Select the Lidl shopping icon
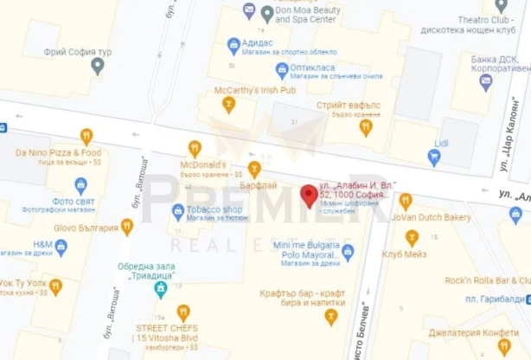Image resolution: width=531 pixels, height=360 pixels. click(434, 157)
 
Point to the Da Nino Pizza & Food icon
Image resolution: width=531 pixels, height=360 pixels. click(86, 136)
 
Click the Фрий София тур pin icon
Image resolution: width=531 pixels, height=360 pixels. click(98, 67)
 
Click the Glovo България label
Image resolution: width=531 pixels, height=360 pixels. click(84, 228)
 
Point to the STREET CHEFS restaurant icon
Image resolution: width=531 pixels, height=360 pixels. click(183, 312)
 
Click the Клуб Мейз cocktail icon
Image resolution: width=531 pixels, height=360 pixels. click(412, 238)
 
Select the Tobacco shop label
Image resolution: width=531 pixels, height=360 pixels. click(211, 209)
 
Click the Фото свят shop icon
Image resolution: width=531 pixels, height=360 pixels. click(81, 185)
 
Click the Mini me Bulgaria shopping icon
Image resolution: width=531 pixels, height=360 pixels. click(348, 253)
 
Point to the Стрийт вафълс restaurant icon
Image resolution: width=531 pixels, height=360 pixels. click(366, 128)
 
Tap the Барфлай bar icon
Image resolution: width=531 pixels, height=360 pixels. click(254, 168)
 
